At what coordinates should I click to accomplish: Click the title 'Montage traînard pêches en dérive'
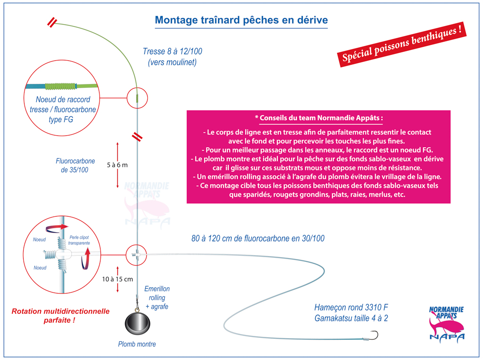point(241,20)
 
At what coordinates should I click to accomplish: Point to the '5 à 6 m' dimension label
point(117,165)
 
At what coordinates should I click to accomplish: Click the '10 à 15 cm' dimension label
point(117,279)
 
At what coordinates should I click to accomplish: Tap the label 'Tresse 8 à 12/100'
point(173,51)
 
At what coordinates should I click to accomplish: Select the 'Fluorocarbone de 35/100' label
point(75,165)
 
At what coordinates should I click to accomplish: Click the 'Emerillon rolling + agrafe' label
point(157,297)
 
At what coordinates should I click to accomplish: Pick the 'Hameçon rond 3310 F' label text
point(351,307)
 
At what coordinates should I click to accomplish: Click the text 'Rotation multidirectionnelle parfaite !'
point(60,316)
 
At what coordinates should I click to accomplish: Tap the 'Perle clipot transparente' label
point(79,240)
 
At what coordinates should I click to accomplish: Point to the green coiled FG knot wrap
point(61,86)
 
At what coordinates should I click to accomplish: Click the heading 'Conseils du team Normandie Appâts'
point(319,118)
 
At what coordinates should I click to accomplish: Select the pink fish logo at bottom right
point(447,324)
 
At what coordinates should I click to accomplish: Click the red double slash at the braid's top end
point(52,22)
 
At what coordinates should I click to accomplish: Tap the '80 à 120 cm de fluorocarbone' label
point(258,238)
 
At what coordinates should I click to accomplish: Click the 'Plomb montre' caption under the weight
point(137,344)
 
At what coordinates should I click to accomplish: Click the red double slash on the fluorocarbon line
point(137,137)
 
